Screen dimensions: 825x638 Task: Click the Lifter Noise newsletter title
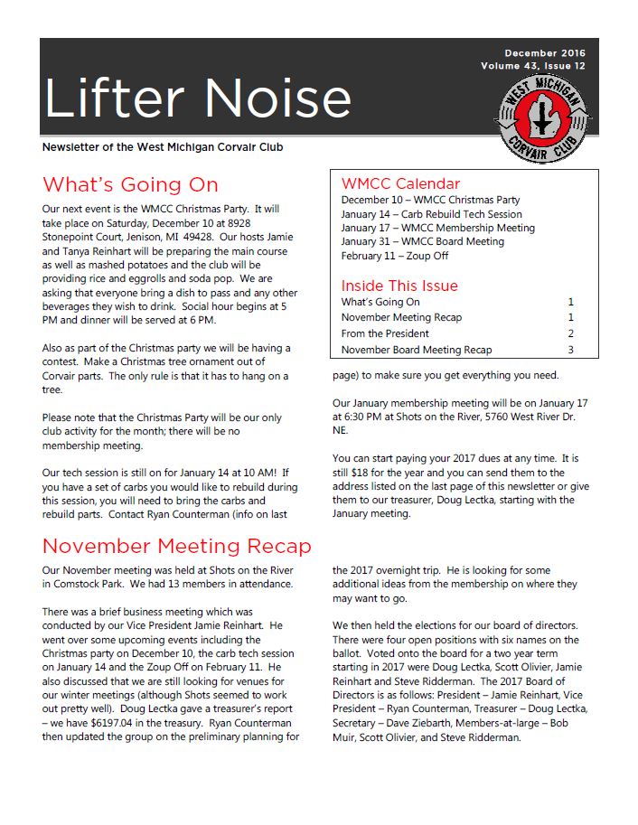click(x=197, y=98)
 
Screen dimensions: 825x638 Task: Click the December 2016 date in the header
click(x=545, y=53)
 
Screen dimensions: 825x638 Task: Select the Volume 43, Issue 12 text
click(x=533, y=66)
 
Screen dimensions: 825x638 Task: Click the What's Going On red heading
click(x=130, y=185)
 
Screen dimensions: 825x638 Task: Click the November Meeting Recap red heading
click(x=176, y=547)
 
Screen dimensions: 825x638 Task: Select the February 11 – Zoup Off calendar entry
click(x=395, y=256)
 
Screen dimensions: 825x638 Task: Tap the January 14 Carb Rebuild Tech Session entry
click(x=431, y=214)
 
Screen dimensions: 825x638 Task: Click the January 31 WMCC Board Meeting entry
click(x=422, y=242)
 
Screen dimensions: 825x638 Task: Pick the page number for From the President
click(x=570, y=333)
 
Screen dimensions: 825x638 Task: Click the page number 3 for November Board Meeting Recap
click(x=570, y=350)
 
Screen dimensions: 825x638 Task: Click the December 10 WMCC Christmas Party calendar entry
click(x=430, y=200)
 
